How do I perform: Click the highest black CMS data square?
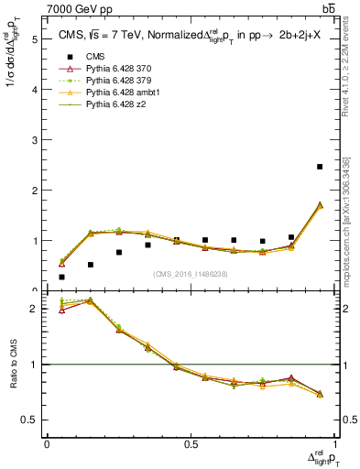coord(320,167)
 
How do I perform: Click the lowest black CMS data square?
coord(61,277)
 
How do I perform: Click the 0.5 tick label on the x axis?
coord(191,443)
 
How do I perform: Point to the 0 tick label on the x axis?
coord(47,443)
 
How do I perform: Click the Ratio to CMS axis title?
coord(12,366)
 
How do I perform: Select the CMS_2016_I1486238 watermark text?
coord(191,273)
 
